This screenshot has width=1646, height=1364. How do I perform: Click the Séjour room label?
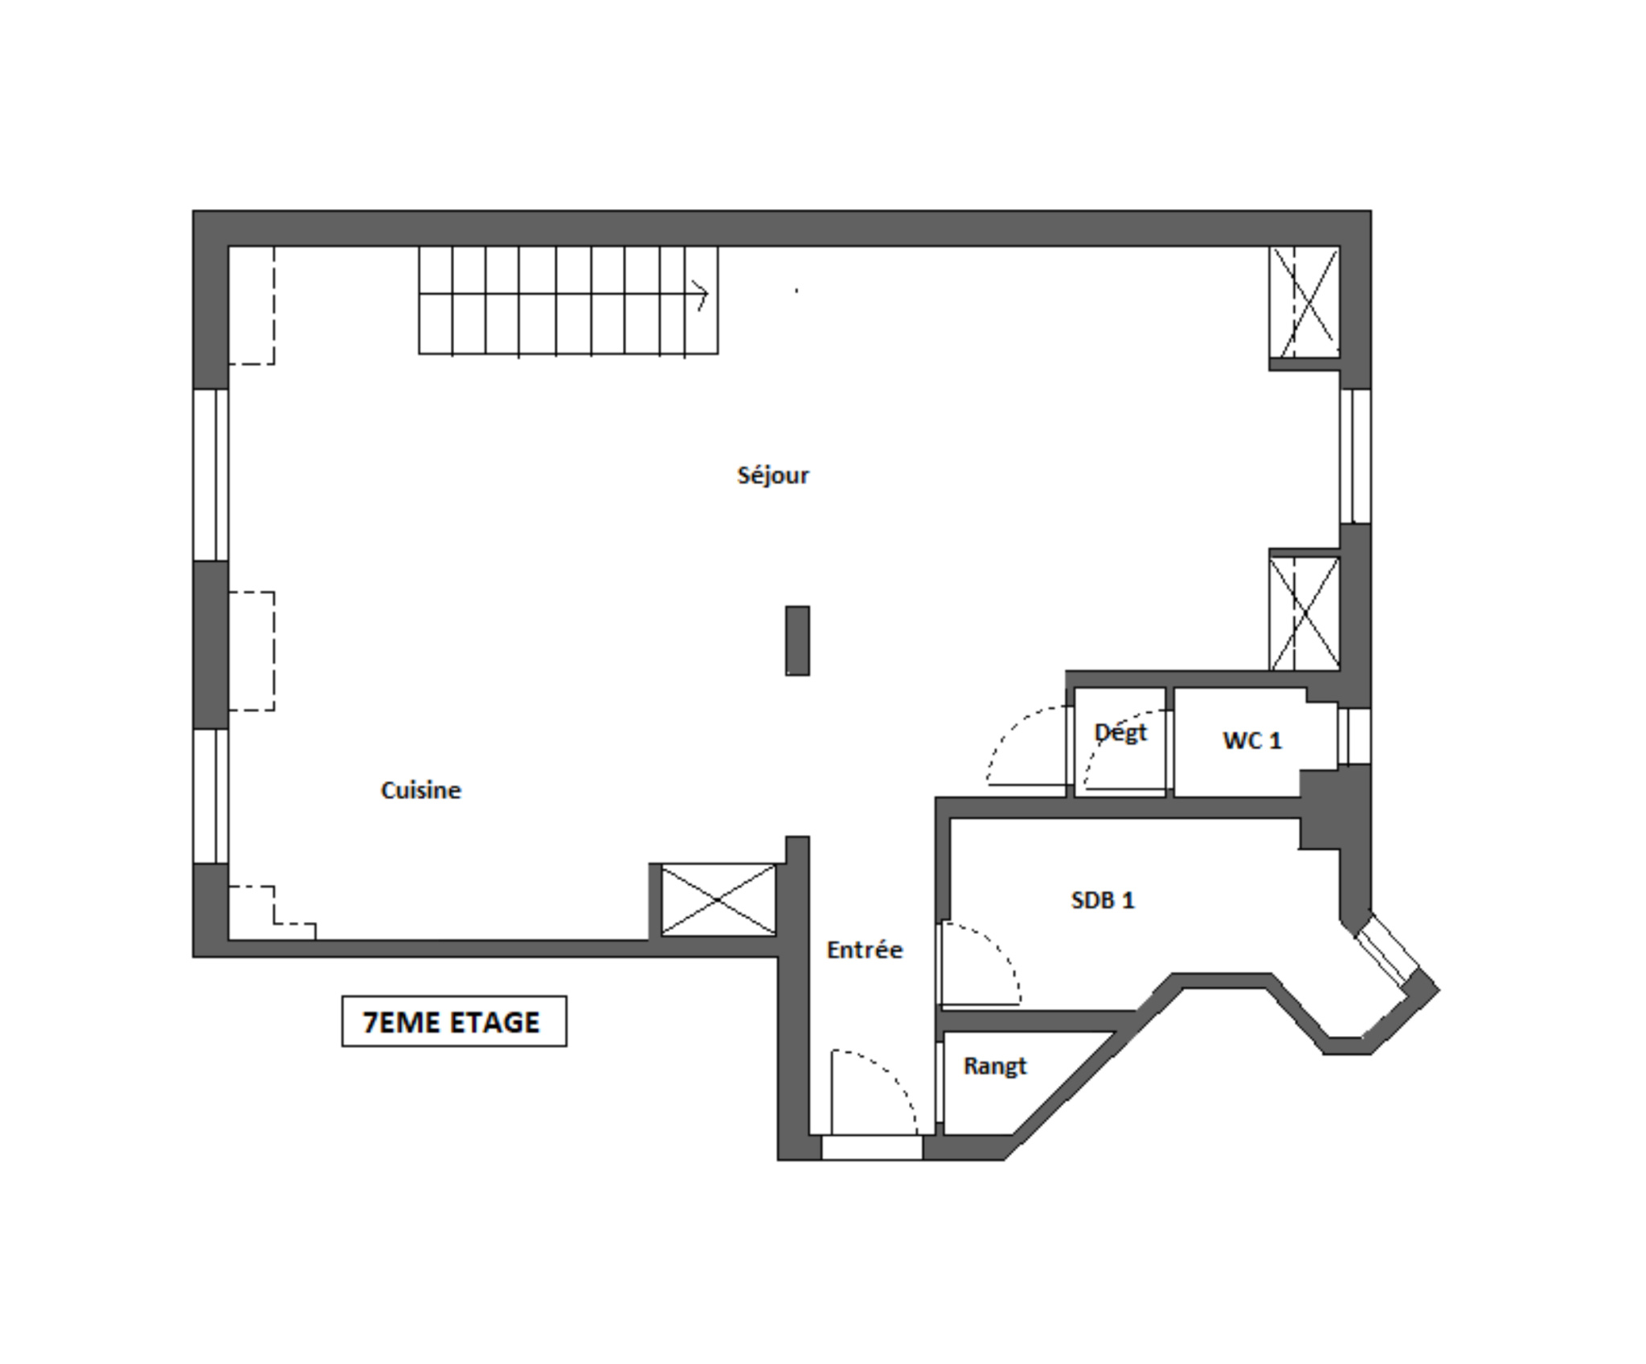[x=772, y=475]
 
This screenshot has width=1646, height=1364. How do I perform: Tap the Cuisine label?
[x=420, y=790]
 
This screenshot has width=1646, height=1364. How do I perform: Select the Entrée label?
[x=864, y=949]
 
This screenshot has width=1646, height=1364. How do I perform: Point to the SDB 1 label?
[x=1103, y=899]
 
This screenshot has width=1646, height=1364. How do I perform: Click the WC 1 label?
[x=1251, y=740]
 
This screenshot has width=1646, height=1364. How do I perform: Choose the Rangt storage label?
[x=995, y=1066]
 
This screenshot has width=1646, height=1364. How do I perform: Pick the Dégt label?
[x=1120, y=732]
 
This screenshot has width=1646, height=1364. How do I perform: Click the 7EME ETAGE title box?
[x=454, y=1022]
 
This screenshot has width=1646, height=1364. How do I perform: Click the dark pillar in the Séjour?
[x=797, y=641]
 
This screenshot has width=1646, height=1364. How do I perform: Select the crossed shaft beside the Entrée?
[x=718, y=899]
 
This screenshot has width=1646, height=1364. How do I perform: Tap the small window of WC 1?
[x=1353, y=735]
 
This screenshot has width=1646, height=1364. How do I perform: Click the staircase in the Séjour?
[x=568, y=300]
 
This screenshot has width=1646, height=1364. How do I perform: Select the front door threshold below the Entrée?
[x=871, y=1147]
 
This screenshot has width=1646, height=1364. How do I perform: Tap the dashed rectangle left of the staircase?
[x=252, y=305]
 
